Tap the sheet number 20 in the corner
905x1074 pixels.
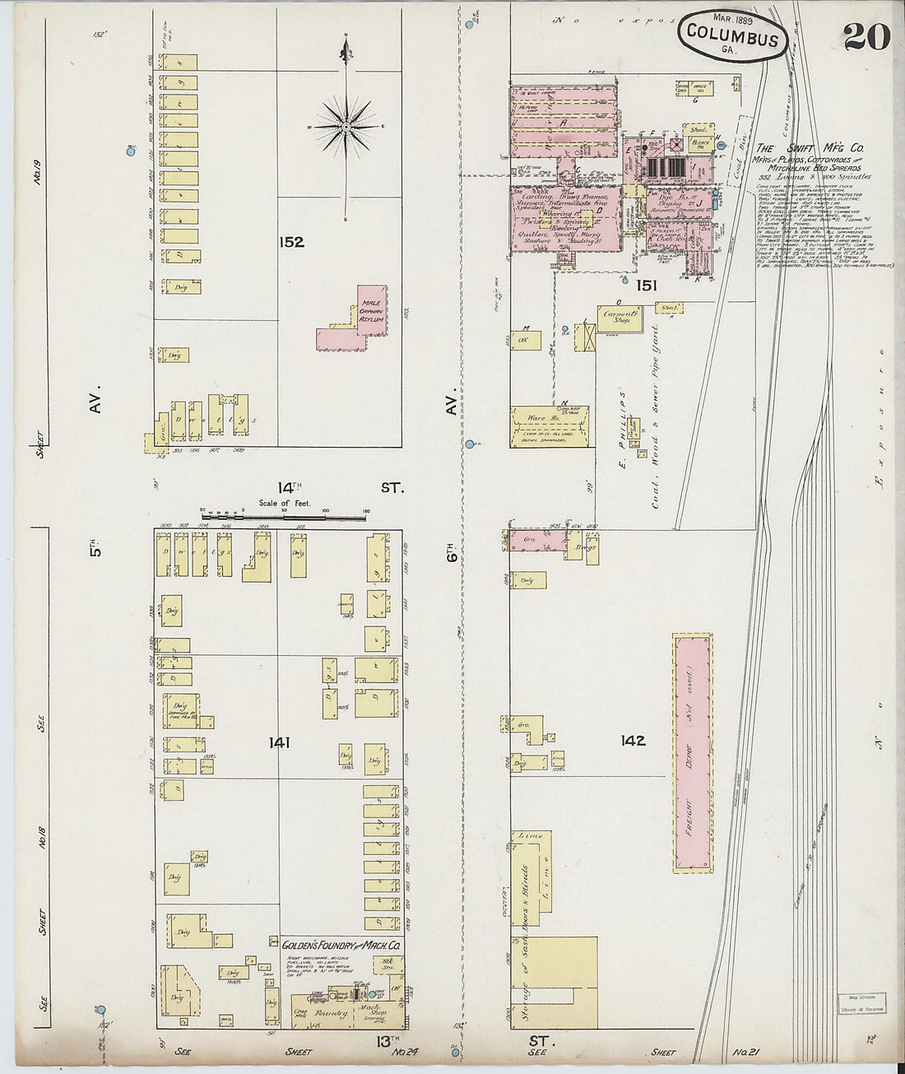point(866,36)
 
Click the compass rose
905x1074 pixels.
point(346,128)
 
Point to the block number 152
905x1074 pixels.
point(290,242)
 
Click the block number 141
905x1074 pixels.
point(279,742)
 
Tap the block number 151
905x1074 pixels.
point(646,285)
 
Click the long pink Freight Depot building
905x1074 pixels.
point(693,752)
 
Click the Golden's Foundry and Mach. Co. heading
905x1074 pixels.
point(341,946)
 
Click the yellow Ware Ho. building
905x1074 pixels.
point(550,426)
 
